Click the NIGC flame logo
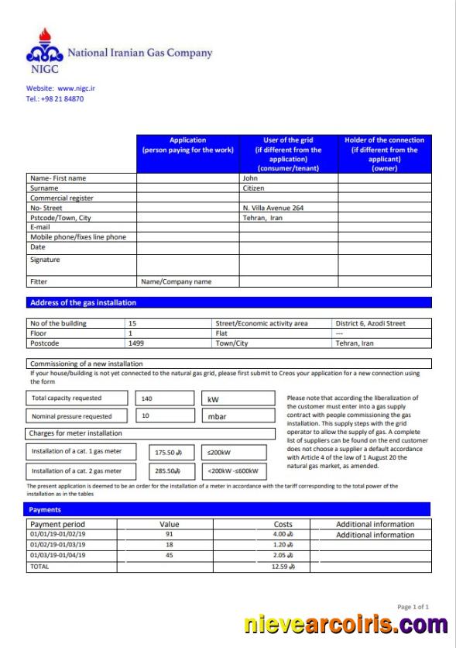click(44, 48)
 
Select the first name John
click(249, 178)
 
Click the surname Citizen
click(253, 188)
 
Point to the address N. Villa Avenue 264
click(273, 209)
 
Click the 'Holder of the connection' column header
click(384, 154)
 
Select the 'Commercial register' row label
click(61, 198)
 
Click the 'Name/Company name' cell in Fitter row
click(176, 282)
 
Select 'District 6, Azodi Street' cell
click(371, 323)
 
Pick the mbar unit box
click(238, 416)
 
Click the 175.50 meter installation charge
click(168, 452)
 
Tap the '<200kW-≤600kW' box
click(234, 471)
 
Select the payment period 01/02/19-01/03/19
click(58, 545)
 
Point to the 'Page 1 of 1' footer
click(413, 607)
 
